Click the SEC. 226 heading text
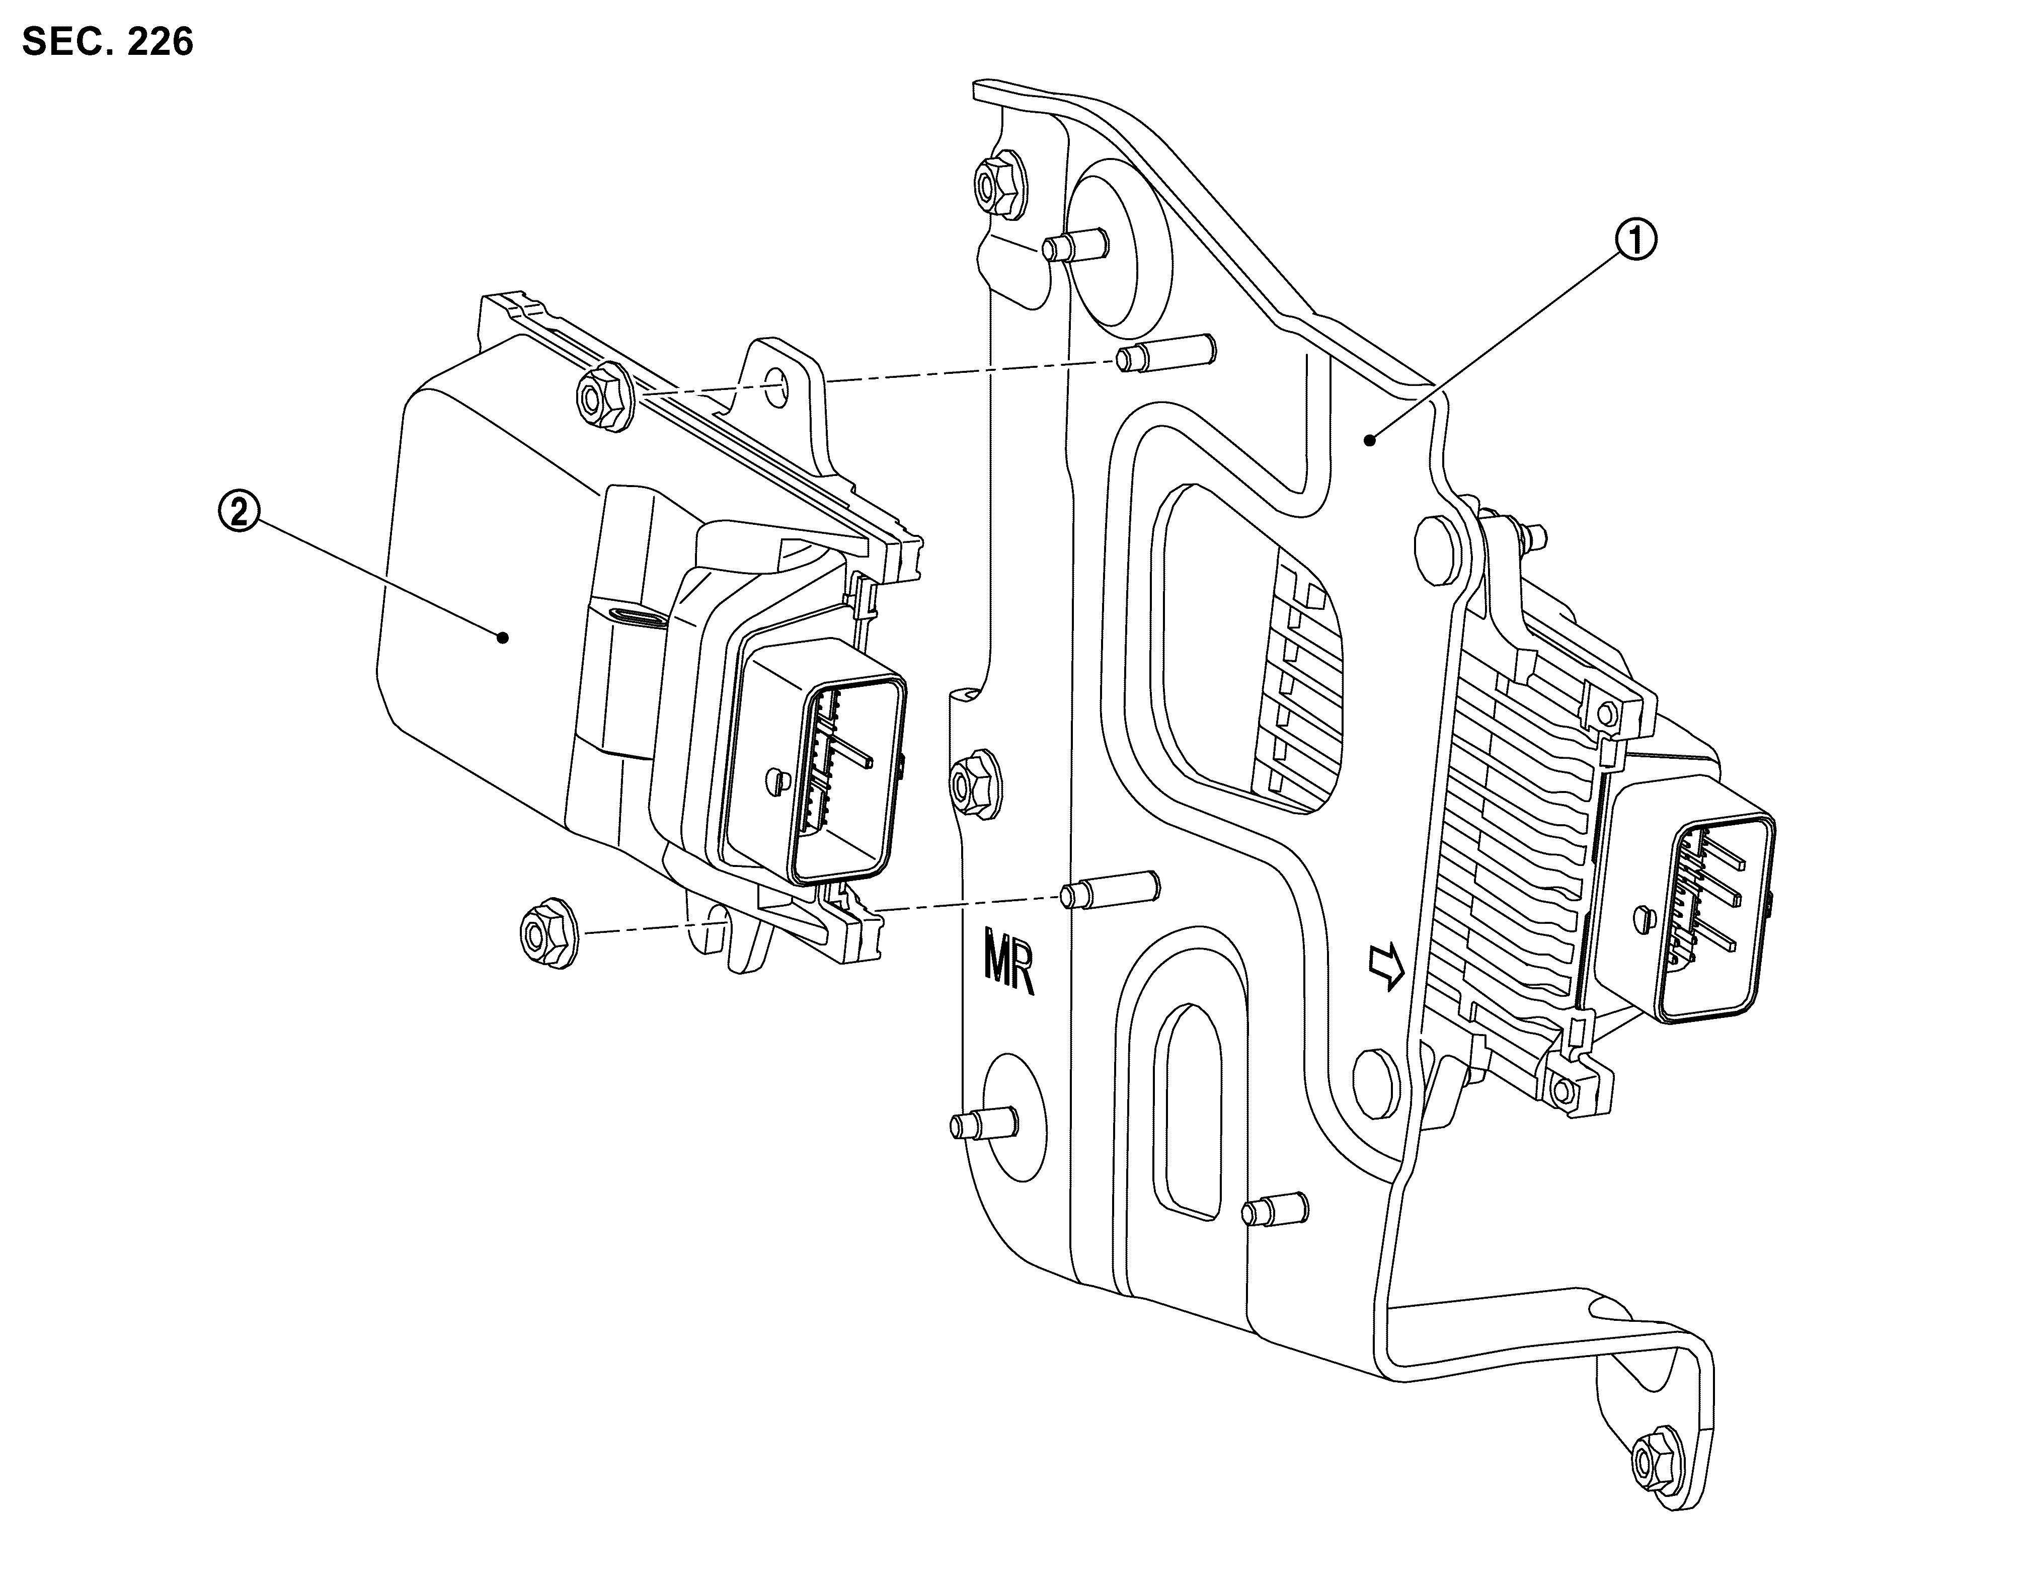coord(107,42)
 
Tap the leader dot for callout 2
coord(504,638)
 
